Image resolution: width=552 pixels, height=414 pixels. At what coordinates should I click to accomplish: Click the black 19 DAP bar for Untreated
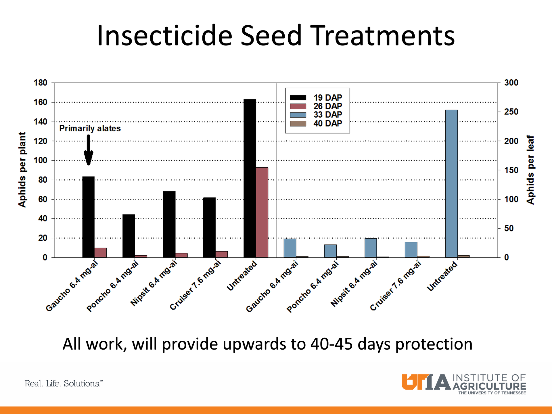pos(250,178)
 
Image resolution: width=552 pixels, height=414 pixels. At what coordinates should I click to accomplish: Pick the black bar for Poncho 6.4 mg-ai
pos(129,236)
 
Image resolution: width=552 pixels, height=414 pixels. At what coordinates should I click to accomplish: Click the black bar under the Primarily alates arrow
pos(88,217)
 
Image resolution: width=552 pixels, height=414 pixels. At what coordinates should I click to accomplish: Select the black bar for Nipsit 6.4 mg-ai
pos(169,224)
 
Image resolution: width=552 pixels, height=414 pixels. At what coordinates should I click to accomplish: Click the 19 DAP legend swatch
pos(298,98)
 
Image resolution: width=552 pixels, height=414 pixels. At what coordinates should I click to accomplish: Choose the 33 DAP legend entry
pos(327,115)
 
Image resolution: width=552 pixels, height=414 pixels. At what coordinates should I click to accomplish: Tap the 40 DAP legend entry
pos(327,123)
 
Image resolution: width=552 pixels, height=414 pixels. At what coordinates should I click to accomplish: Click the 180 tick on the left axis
pos(40,83)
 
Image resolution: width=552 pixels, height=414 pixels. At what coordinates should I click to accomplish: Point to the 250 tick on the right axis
pos(511,112)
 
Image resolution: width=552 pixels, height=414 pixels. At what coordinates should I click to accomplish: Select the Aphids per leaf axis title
pos(530,170)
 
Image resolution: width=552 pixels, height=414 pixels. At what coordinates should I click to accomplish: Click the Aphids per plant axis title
pos(22,170)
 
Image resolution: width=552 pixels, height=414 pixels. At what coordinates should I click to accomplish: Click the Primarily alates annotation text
pos(90,129)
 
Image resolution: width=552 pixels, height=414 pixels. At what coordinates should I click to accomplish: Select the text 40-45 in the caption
pos(331,344)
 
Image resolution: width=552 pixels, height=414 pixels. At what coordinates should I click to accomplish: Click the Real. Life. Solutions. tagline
pos(64,384)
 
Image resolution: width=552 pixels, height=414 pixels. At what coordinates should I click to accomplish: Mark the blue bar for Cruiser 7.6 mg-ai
pos(411,250)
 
